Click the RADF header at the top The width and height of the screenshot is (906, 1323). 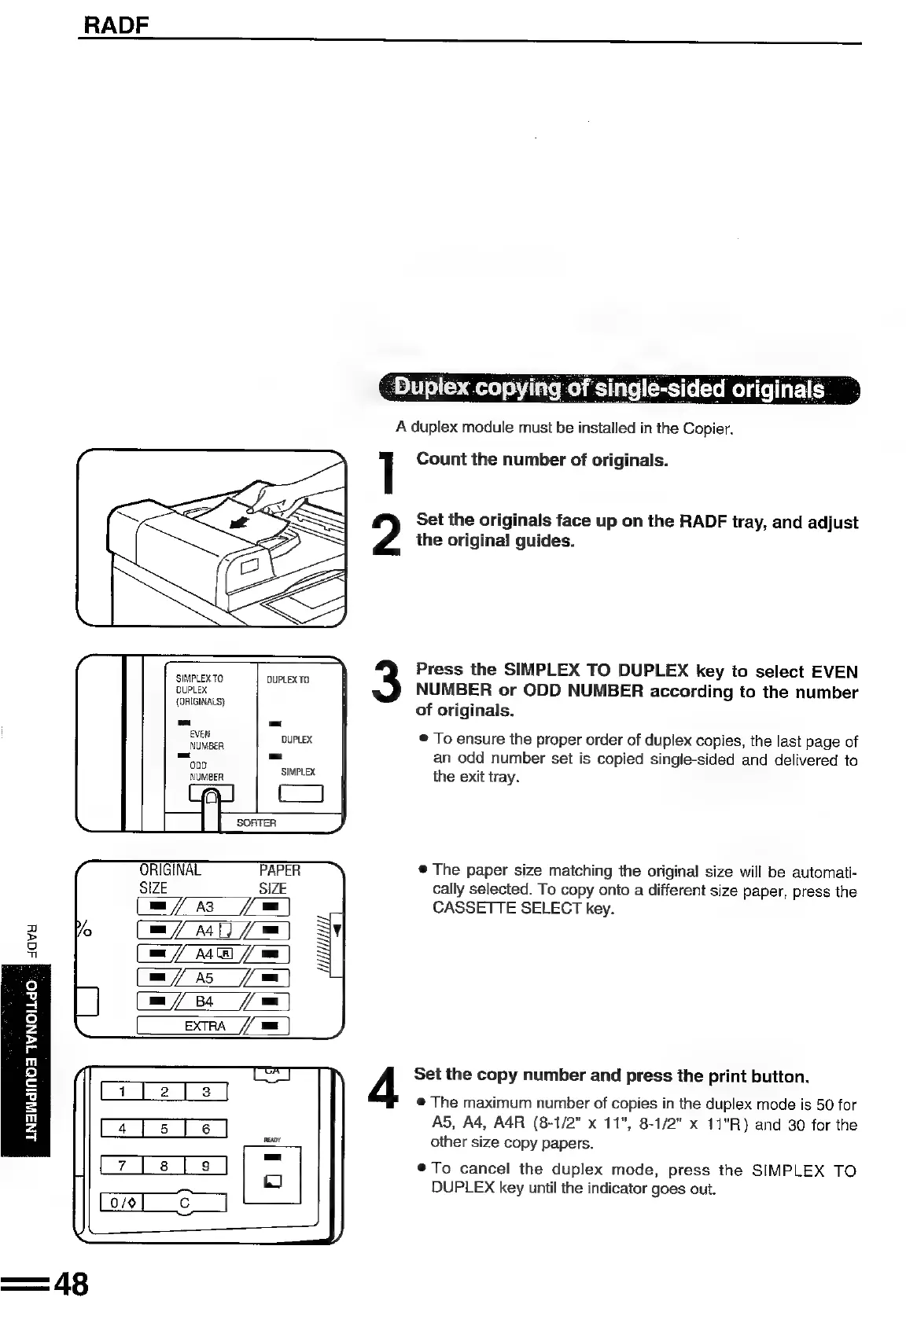click(116, 26)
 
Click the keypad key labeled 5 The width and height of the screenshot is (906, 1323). click(164, 1129)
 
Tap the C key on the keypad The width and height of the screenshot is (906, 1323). click(185, 1203)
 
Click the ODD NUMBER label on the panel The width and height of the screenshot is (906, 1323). click(206, 771)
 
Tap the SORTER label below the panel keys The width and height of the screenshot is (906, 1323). click(256, 822)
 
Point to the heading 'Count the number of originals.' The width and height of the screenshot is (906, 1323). click(542, 460)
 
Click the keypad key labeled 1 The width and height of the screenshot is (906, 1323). click(122, 1091)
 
